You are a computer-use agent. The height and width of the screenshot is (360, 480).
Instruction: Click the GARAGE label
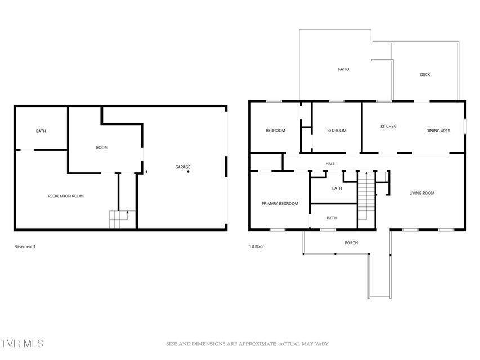coord(182,167)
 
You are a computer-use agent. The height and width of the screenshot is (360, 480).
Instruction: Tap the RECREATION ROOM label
coord(65,196)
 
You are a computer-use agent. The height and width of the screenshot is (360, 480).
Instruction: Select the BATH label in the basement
coord(41,131)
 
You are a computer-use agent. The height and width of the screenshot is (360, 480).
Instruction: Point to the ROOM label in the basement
coord(102,147)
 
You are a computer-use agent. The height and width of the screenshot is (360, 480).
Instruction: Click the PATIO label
coord(343,69)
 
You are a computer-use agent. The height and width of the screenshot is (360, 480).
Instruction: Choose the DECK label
coord(425,74)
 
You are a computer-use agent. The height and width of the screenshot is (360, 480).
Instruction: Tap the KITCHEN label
coord(388,127)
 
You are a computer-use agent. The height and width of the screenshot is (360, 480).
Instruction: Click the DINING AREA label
coord(438,130)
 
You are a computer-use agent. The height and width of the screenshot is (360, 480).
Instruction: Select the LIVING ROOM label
coord(422,193)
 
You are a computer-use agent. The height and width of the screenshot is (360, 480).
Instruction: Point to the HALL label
coord(330,164)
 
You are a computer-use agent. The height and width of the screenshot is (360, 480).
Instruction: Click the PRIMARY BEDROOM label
coord(280,203)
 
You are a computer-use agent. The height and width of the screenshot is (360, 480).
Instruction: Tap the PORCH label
coord(351,243)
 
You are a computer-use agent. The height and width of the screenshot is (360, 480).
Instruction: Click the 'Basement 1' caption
coord(25,246)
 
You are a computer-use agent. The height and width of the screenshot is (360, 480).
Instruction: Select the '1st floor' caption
coord(256,246)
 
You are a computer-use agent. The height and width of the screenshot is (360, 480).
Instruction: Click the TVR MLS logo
coord(22,343)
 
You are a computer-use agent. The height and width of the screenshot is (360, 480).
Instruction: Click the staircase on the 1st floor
coord(367,196)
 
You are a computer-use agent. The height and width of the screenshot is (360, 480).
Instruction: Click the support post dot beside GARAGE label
coord(189,172)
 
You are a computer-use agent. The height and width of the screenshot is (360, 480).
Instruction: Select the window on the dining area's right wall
coord(465,127)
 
